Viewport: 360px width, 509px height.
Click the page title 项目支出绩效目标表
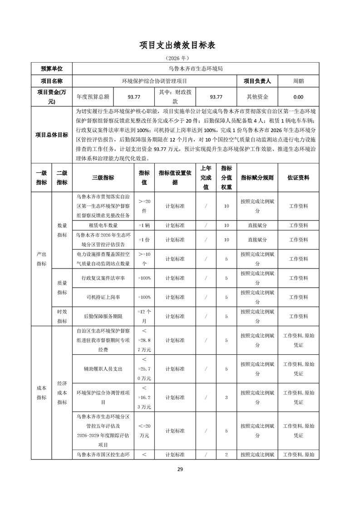[180, 45]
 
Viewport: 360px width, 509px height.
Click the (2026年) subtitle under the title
[180, 58]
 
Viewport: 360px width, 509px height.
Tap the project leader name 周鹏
[298, 81]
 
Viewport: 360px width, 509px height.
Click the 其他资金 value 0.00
[298, 97]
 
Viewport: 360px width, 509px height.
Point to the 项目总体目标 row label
[52, 135]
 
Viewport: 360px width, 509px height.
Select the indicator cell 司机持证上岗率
[103, 297]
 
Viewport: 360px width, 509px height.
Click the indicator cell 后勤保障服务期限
[103, 316]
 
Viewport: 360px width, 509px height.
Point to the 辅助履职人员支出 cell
[103, 369]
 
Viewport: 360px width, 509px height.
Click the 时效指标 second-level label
[62, 316]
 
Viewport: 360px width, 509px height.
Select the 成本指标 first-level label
[41, 392]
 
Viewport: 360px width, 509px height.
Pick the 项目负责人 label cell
[257, 81]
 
